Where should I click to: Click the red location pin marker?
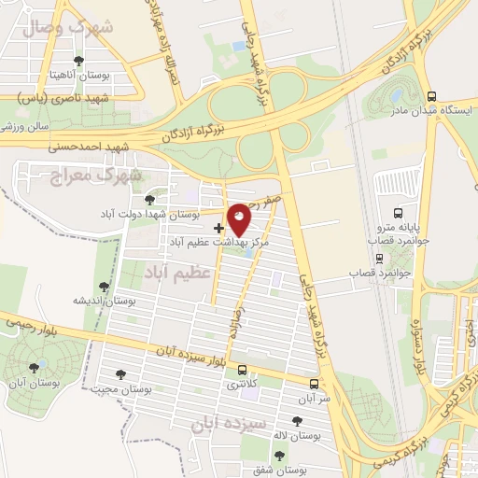point(240,220)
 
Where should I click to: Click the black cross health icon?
point(218,227)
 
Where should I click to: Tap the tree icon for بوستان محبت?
point(119,374)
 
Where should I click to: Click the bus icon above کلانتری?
point(243,370)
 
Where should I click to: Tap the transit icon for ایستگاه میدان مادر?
point(430,95)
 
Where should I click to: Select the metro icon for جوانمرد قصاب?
point(379,258)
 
